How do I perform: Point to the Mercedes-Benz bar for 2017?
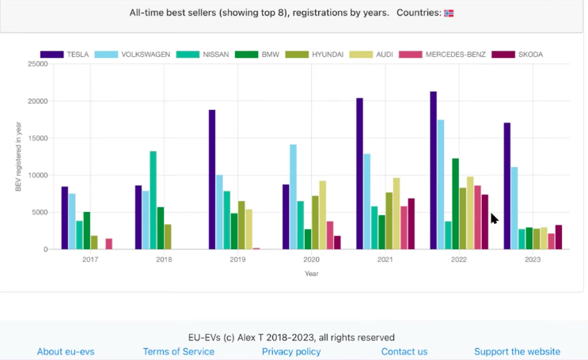(108, 244)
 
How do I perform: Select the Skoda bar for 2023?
(559, 237)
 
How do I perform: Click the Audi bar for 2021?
(396, 214)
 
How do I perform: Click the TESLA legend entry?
(65, 55)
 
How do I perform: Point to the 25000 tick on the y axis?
(37, 64)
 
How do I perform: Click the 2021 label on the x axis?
(385, 260)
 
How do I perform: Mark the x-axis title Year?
(312, 274)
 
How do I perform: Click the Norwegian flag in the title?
(449, 13)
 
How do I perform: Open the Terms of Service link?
(178, 351)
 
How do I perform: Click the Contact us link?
(404, 351)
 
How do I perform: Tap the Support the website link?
(517, 351)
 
